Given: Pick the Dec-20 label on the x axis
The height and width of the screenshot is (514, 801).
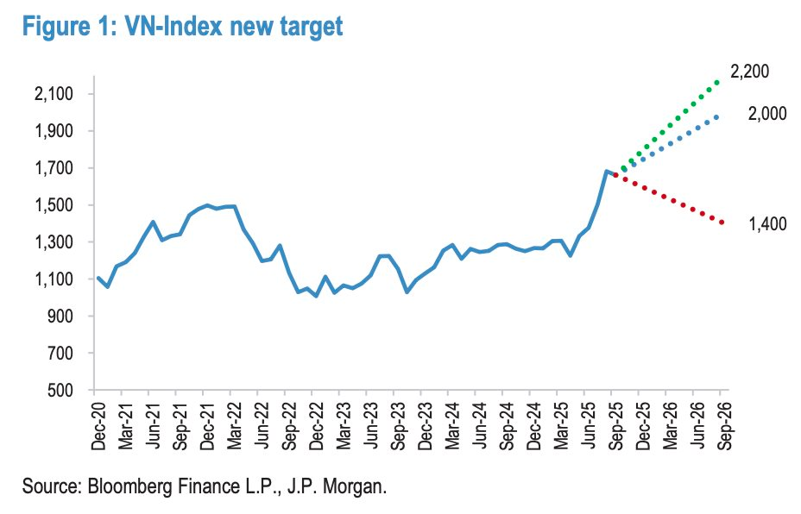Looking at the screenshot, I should [98, 425].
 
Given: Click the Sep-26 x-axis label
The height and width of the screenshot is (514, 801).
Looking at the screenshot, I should [721, 425].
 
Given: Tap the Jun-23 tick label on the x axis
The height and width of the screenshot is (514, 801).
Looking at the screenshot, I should [371, 425].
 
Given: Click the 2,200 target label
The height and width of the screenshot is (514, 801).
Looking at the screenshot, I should [749, 72].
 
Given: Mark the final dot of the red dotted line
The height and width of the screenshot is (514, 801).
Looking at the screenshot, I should [722, 223].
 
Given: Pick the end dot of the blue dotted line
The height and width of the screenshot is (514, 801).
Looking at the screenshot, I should [716, 117].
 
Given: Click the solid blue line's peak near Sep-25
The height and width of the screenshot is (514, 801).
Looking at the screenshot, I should [607, 172].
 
